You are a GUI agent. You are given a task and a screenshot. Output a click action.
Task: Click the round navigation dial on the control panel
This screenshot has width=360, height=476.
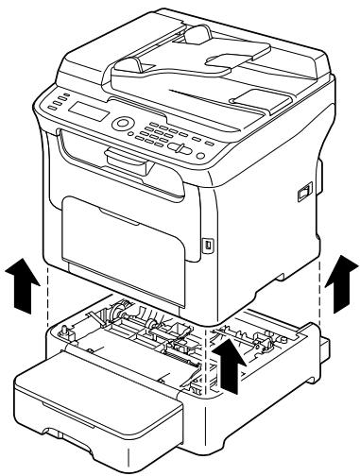pyautogui.click(x=124, y=125)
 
